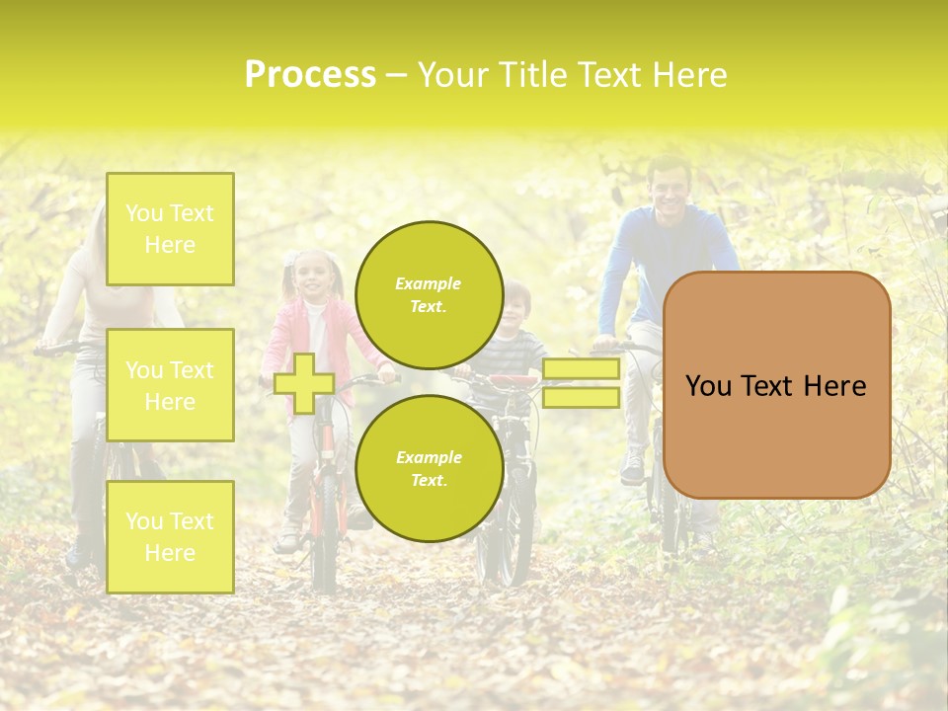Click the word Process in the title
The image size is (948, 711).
[x=310, y=75]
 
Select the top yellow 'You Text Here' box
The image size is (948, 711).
[x=170, y=229]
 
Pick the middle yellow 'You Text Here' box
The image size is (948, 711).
[x=170, y=385]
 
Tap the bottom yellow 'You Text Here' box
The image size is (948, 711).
[x=170, y=537]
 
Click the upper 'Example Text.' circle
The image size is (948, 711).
[x=429, y=295]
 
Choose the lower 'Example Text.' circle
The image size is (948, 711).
[x=429, y=468]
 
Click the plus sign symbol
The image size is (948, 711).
[x=304, y=383]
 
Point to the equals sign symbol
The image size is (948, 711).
[x=581, y=383]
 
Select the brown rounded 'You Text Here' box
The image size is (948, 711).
[x=776, y=385]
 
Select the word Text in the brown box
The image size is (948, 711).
[x=776, y=386]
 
